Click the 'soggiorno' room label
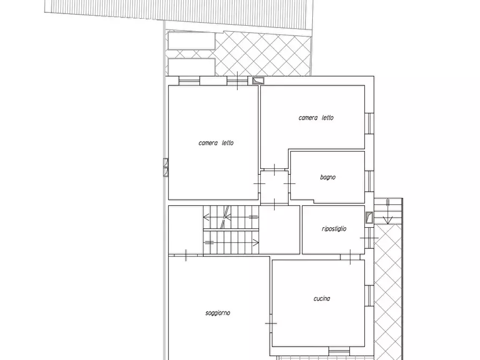218,313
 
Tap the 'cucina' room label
322,298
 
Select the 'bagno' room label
328,177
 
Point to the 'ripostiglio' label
334,229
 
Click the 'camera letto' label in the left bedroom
216,143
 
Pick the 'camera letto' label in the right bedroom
316,118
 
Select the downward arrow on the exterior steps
388,212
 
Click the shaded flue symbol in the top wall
258,81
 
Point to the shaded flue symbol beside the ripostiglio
369,218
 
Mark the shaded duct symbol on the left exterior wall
166,168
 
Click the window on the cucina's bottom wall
339,351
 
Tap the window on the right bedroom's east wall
369,124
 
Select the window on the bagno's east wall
369,182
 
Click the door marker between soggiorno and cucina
271,323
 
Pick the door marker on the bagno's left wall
290,184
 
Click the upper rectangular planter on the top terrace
191,41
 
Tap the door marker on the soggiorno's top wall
186,255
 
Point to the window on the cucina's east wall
369,296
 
